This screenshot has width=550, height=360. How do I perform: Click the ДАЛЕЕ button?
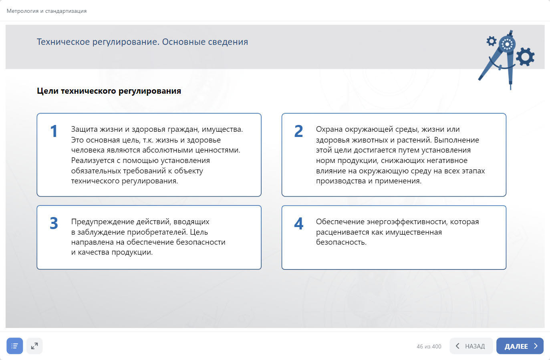tap(520, 346)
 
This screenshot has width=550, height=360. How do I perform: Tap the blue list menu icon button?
tap(15, 346)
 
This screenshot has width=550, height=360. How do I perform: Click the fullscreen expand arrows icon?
tap(34, 346)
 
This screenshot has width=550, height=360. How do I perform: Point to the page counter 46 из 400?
tap(429, 346)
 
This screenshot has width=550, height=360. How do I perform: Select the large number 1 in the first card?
tap(54, 131)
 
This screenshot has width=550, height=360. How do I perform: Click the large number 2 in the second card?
tap(299, 131)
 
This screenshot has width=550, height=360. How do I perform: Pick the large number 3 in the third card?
tap(54, 223)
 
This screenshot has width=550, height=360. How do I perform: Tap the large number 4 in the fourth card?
tap(299, 223)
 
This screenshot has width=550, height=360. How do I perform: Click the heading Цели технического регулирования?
tap(109, 91)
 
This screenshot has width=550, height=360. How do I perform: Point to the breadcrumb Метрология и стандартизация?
tap(46, 11)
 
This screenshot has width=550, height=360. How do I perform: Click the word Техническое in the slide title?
tap(63, 42)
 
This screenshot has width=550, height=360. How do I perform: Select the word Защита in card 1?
tap(84, 129)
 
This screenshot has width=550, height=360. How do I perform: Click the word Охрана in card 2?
tap(329, 129)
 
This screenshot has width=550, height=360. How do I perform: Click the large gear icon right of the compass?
tap(525, 57)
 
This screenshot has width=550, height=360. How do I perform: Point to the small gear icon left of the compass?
tap(492, 41)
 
